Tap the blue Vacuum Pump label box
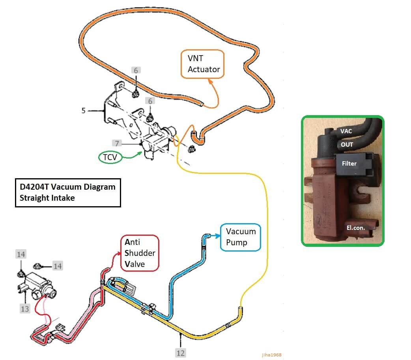click(241, 237)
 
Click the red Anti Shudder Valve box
click(140, 253)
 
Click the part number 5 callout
click(83, 111)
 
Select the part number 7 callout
click(117, 143)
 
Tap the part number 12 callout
click(181, 352)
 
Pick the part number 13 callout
click(25, 308)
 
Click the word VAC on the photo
click(346, 131)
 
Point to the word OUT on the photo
click(347, 144)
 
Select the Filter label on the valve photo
click(349, 163)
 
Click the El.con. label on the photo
click(356, 227)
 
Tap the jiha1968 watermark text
click(271, 355)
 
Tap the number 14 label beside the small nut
click(58, 266)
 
